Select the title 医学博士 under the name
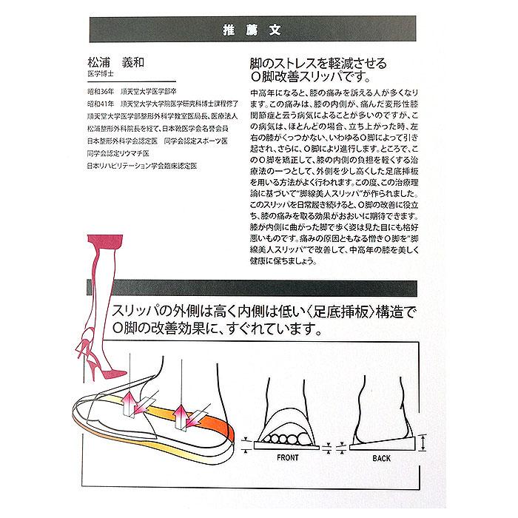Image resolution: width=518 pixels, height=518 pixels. point(101,75)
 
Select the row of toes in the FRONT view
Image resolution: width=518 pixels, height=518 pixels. point(287,435)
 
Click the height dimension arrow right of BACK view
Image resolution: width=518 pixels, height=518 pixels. point(422,444)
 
